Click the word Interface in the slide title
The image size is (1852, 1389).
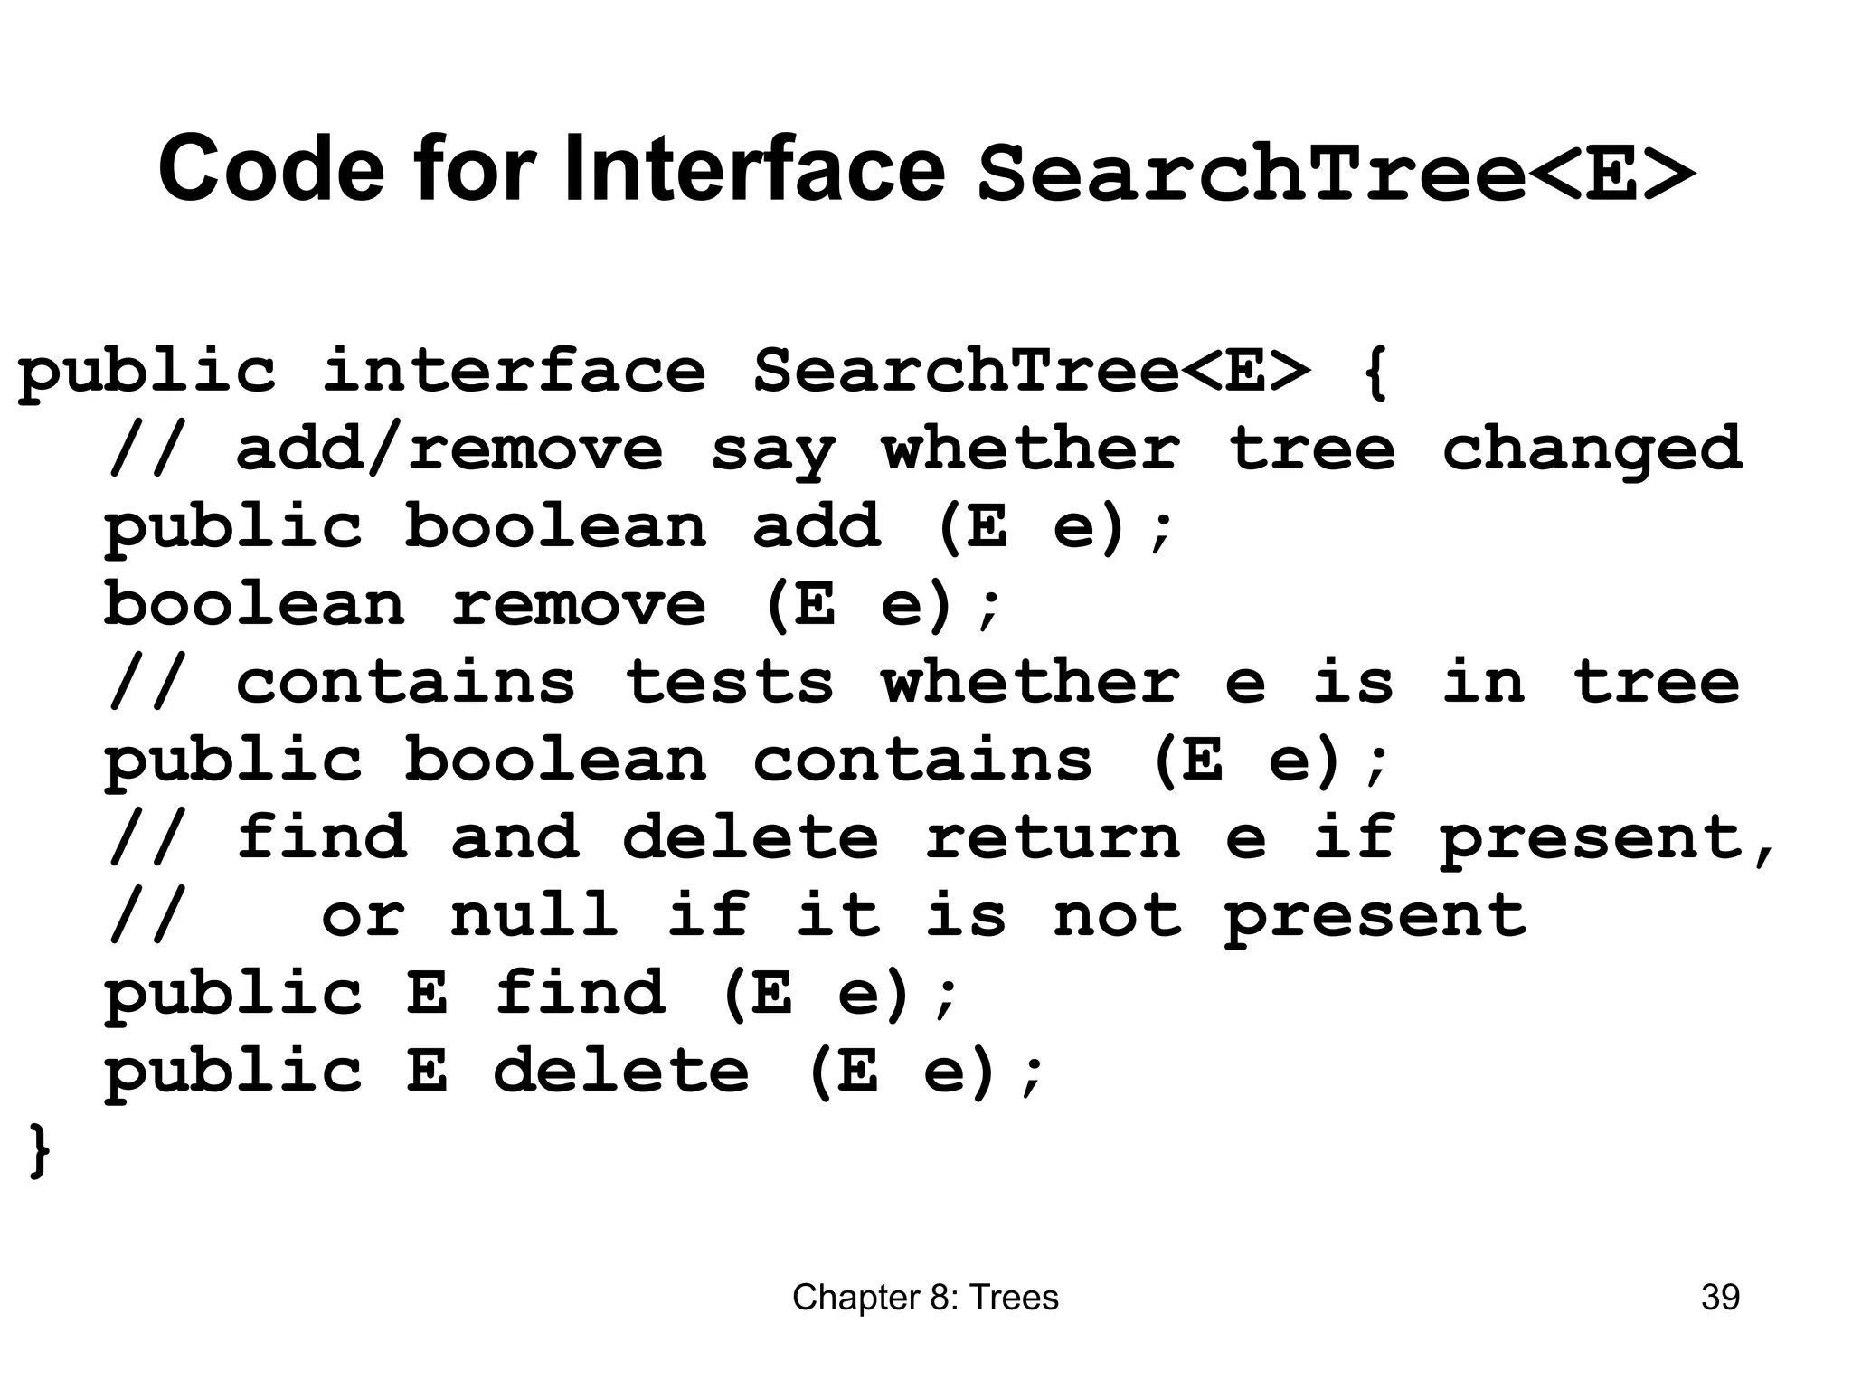[754, 168]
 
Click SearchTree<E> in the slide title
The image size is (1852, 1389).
[1336, 174]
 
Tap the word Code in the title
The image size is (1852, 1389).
[271, 168]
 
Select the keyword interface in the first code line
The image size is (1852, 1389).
[514, 372]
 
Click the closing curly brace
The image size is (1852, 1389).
[39, 1150]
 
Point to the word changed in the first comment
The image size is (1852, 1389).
[1592, 449]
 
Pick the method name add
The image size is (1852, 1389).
[817, 526]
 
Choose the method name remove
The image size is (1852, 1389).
[579, 604]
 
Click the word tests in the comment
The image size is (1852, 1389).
[729, 682]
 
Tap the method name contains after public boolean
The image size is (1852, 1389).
[922, 760]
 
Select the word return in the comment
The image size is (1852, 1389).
[1053, 837]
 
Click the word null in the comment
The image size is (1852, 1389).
[534, 915]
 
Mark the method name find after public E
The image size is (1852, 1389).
[581, 993]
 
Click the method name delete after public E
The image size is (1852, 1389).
[621, 1071]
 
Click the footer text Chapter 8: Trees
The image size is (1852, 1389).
[925, 1298]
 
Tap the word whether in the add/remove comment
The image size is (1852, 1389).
[1031, 449]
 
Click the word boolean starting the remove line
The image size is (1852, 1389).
[254, 604]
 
